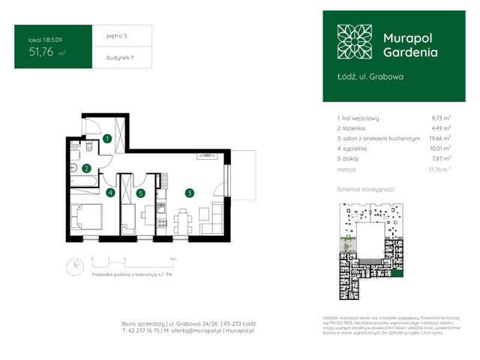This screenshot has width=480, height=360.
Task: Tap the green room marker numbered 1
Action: click(x=108, y=138)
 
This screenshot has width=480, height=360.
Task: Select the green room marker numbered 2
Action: click(x=87, y=169)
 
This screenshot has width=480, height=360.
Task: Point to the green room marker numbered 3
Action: click(x=190, y=193)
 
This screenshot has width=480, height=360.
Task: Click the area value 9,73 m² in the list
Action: click(x=441, y=118)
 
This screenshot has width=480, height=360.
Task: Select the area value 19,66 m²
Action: click(x=439, y=138)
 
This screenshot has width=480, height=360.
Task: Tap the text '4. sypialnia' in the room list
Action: click(x=356, y=148)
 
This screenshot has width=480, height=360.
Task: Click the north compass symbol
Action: click(x=75, y=264)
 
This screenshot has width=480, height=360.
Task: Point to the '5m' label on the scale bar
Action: click(x=173, y=258)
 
